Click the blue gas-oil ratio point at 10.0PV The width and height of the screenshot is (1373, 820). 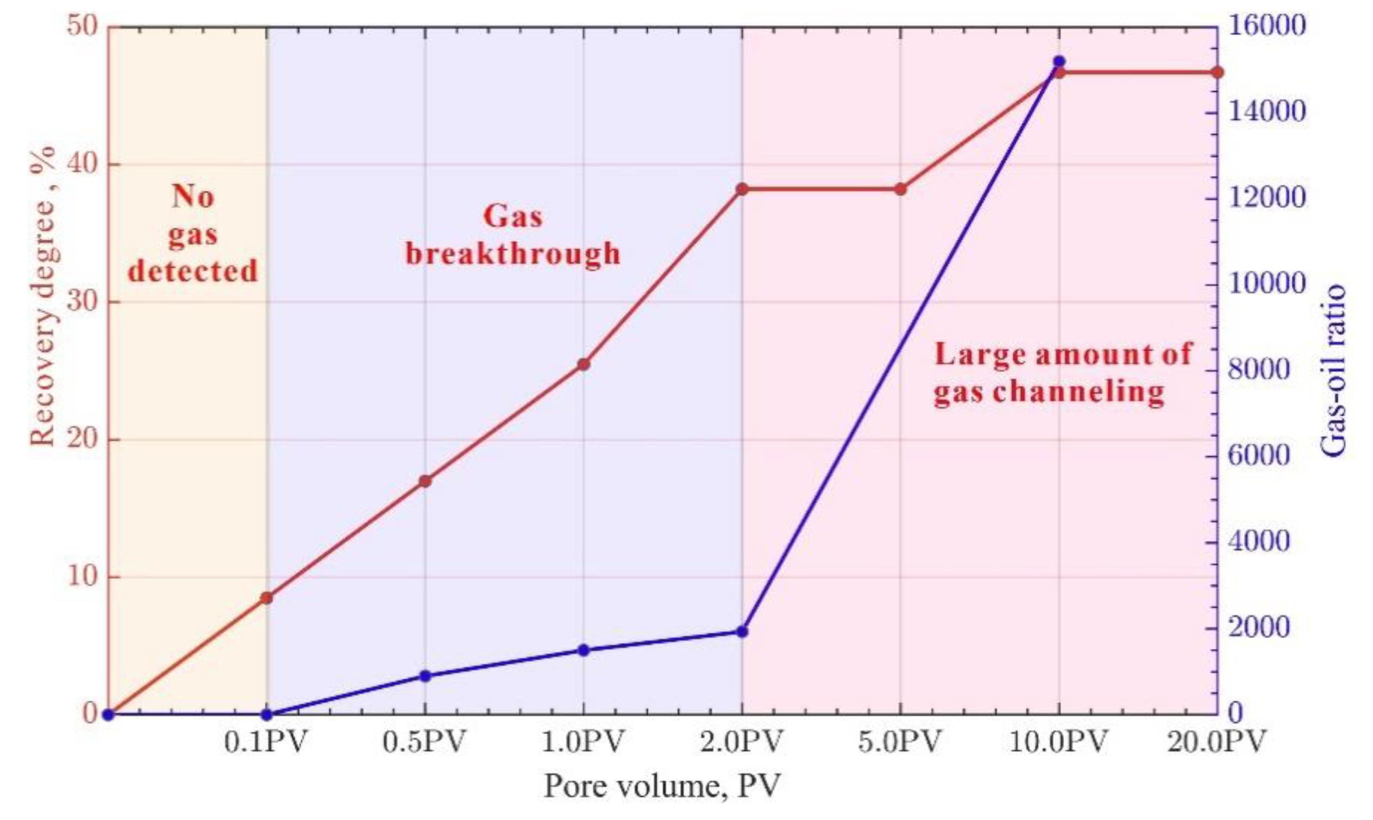coord(1059,61)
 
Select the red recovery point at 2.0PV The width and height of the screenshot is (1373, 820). coord(742,189)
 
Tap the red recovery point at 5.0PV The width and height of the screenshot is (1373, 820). coord(900,190)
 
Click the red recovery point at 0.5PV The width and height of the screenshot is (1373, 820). coord(425,481)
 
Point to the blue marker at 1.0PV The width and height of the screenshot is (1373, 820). coord(584,651)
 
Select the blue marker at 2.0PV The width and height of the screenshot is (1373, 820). coord(742,632)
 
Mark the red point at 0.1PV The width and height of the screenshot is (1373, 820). coord(267,598)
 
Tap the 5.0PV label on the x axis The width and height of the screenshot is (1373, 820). coord(899,742)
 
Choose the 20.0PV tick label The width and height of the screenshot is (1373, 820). coord(1216,742)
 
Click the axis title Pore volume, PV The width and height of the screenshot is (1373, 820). coord(662,786)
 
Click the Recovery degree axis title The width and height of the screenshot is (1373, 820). coord(43,295)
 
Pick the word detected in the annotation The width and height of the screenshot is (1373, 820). coord(193,272)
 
